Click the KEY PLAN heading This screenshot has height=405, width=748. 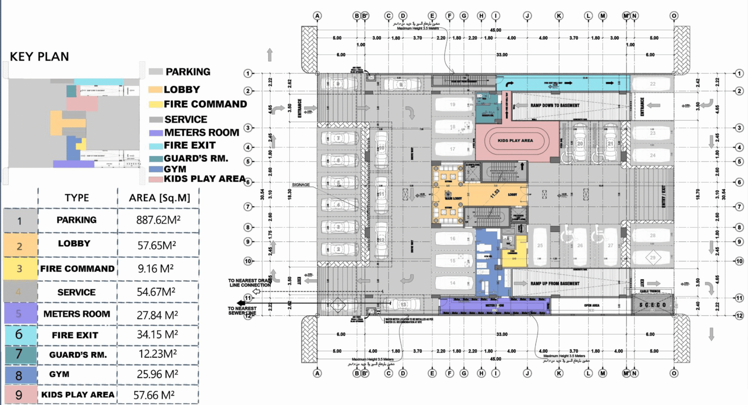coord(40,57)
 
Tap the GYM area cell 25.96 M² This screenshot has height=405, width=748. coord(157,374)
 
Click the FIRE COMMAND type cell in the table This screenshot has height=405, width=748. coord(77,268)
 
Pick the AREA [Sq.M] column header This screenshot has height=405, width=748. coord(159,198)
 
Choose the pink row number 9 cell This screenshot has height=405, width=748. coord(19,395)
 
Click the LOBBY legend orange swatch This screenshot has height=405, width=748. coord(155,89)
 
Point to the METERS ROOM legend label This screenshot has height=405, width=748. coord(201,133)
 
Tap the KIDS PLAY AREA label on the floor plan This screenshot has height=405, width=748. coord(515,140)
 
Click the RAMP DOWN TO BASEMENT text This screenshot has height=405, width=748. coord(554,106)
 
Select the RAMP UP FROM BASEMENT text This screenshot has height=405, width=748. coord(554,283)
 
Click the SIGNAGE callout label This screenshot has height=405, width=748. coord(301,185)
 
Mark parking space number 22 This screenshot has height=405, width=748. coord(653,84)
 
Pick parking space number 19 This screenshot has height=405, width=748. coord(453,105)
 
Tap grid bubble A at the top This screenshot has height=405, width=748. coord(317,16)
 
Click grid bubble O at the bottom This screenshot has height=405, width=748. coord(674,373)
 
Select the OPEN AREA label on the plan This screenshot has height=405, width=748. coord(591,305)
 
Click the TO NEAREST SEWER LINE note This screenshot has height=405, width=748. coord(242,311)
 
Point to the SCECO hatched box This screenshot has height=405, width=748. coord(653,305)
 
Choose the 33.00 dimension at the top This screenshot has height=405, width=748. coord(502,55)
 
